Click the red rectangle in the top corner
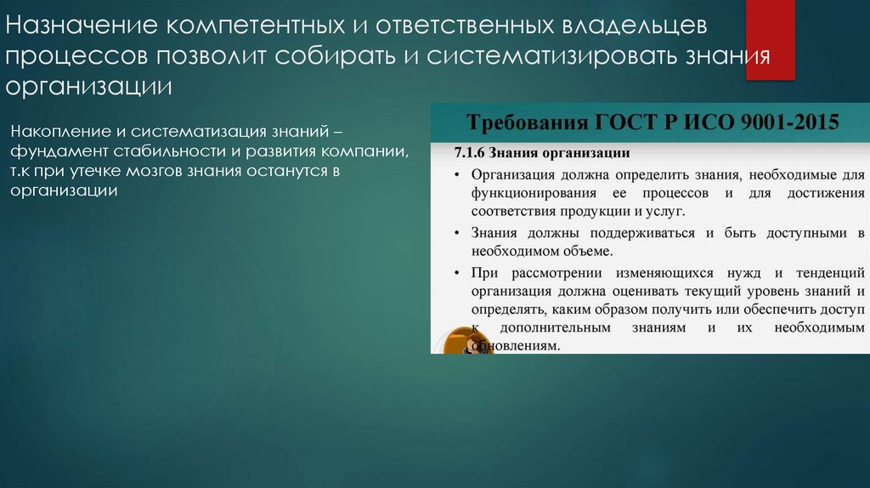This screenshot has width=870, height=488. click(770, 40)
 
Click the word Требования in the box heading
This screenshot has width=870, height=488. click(514, 122)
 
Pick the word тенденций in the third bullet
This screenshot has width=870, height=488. click(830, 273)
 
